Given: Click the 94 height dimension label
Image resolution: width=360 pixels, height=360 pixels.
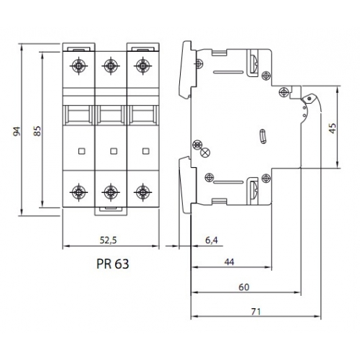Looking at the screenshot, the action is [17, 131].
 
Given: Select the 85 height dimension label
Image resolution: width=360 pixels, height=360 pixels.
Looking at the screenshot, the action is [37, 131].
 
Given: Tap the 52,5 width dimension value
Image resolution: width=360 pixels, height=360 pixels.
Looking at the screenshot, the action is [108, 240].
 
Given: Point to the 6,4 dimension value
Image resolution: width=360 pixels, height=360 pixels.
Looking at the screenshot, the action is [212, 240].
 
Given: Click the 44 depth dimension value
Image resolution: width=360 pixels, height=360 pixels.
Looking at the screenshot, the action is [229, 262].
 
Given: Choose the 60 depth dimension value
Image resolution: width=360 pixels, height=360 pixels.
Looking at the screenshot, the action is [244, 287].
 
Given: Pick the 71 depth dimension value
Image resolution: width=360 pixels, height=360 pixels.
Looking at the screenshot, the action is [256, 312].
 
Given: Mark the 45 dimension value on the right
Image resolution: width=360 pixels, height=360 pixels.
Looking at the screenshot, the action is [333, 128].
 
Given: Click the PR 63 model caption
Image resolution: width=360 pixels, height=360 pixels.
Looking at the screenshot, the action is [113, 264].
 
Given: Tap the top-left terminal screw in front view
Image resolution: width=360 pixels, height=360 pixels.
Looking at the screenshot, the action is [78, 66].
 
